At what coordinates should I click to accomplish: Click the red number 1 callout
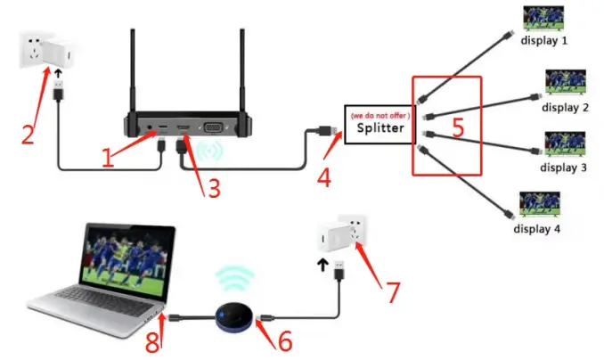coord(108,158)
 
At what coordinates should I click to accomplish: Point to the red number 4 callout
coord(324,176)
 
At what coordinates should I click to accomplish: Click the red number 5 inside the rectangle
coord(458,127)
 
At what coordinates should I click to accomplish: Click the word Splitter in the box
coord(380,127)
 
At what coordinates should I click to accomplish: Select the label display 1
coord(545,41)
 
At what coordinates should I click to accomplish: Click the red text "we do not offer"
coord(380,116)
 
